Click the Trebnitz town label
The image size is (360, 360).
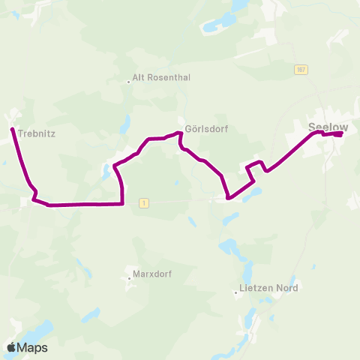[36, 134]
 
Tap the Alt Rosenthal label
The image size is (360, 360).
[161, 76]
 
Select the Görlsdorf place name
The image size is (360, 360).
[206, 128]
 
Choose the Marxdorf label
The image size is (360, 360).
[152, 274]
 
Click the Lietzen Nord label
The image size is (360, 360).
[268, 288]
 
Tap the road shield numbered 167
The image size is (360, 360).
[301, 69]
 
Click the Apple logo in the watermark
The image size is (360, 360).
[11, 347]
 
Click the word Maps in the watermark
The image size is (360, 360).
[33, 347]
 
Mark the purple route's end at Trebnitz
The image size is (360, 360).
[13, 130]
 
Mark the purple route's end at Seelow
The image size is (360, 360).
[341, 134]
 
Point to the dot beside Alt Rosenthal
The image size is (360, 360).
[128, 81]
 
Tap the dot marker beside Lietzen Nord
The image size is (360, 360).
[235, 292]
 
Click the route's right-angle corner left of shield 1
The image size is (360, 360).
[121, 202]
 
